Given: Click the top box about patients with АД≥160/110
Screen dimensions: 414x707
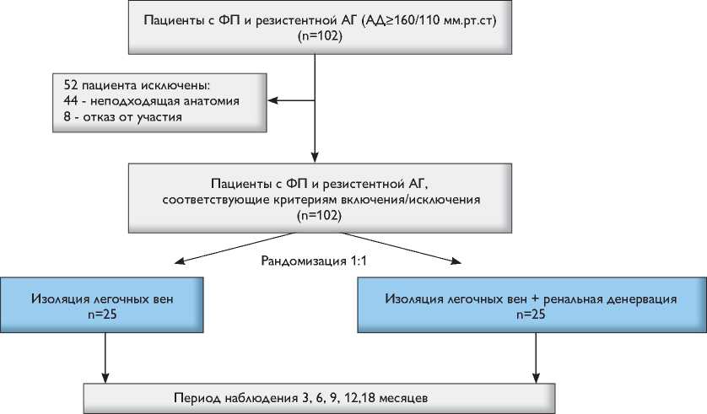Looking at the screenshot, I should point(316,28).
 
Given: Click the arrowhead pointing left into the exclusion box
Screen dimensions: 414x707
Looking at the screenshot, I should point(273,101).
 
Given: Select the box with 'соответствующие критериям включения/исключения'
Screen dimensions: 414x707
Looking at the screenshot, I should point(316,198).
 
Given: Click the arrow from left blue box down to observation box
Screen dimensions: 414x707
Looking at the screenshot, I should point(105,358).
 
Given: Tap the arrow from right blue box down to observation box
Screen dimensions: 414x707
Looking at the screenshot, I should point(532,358).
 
